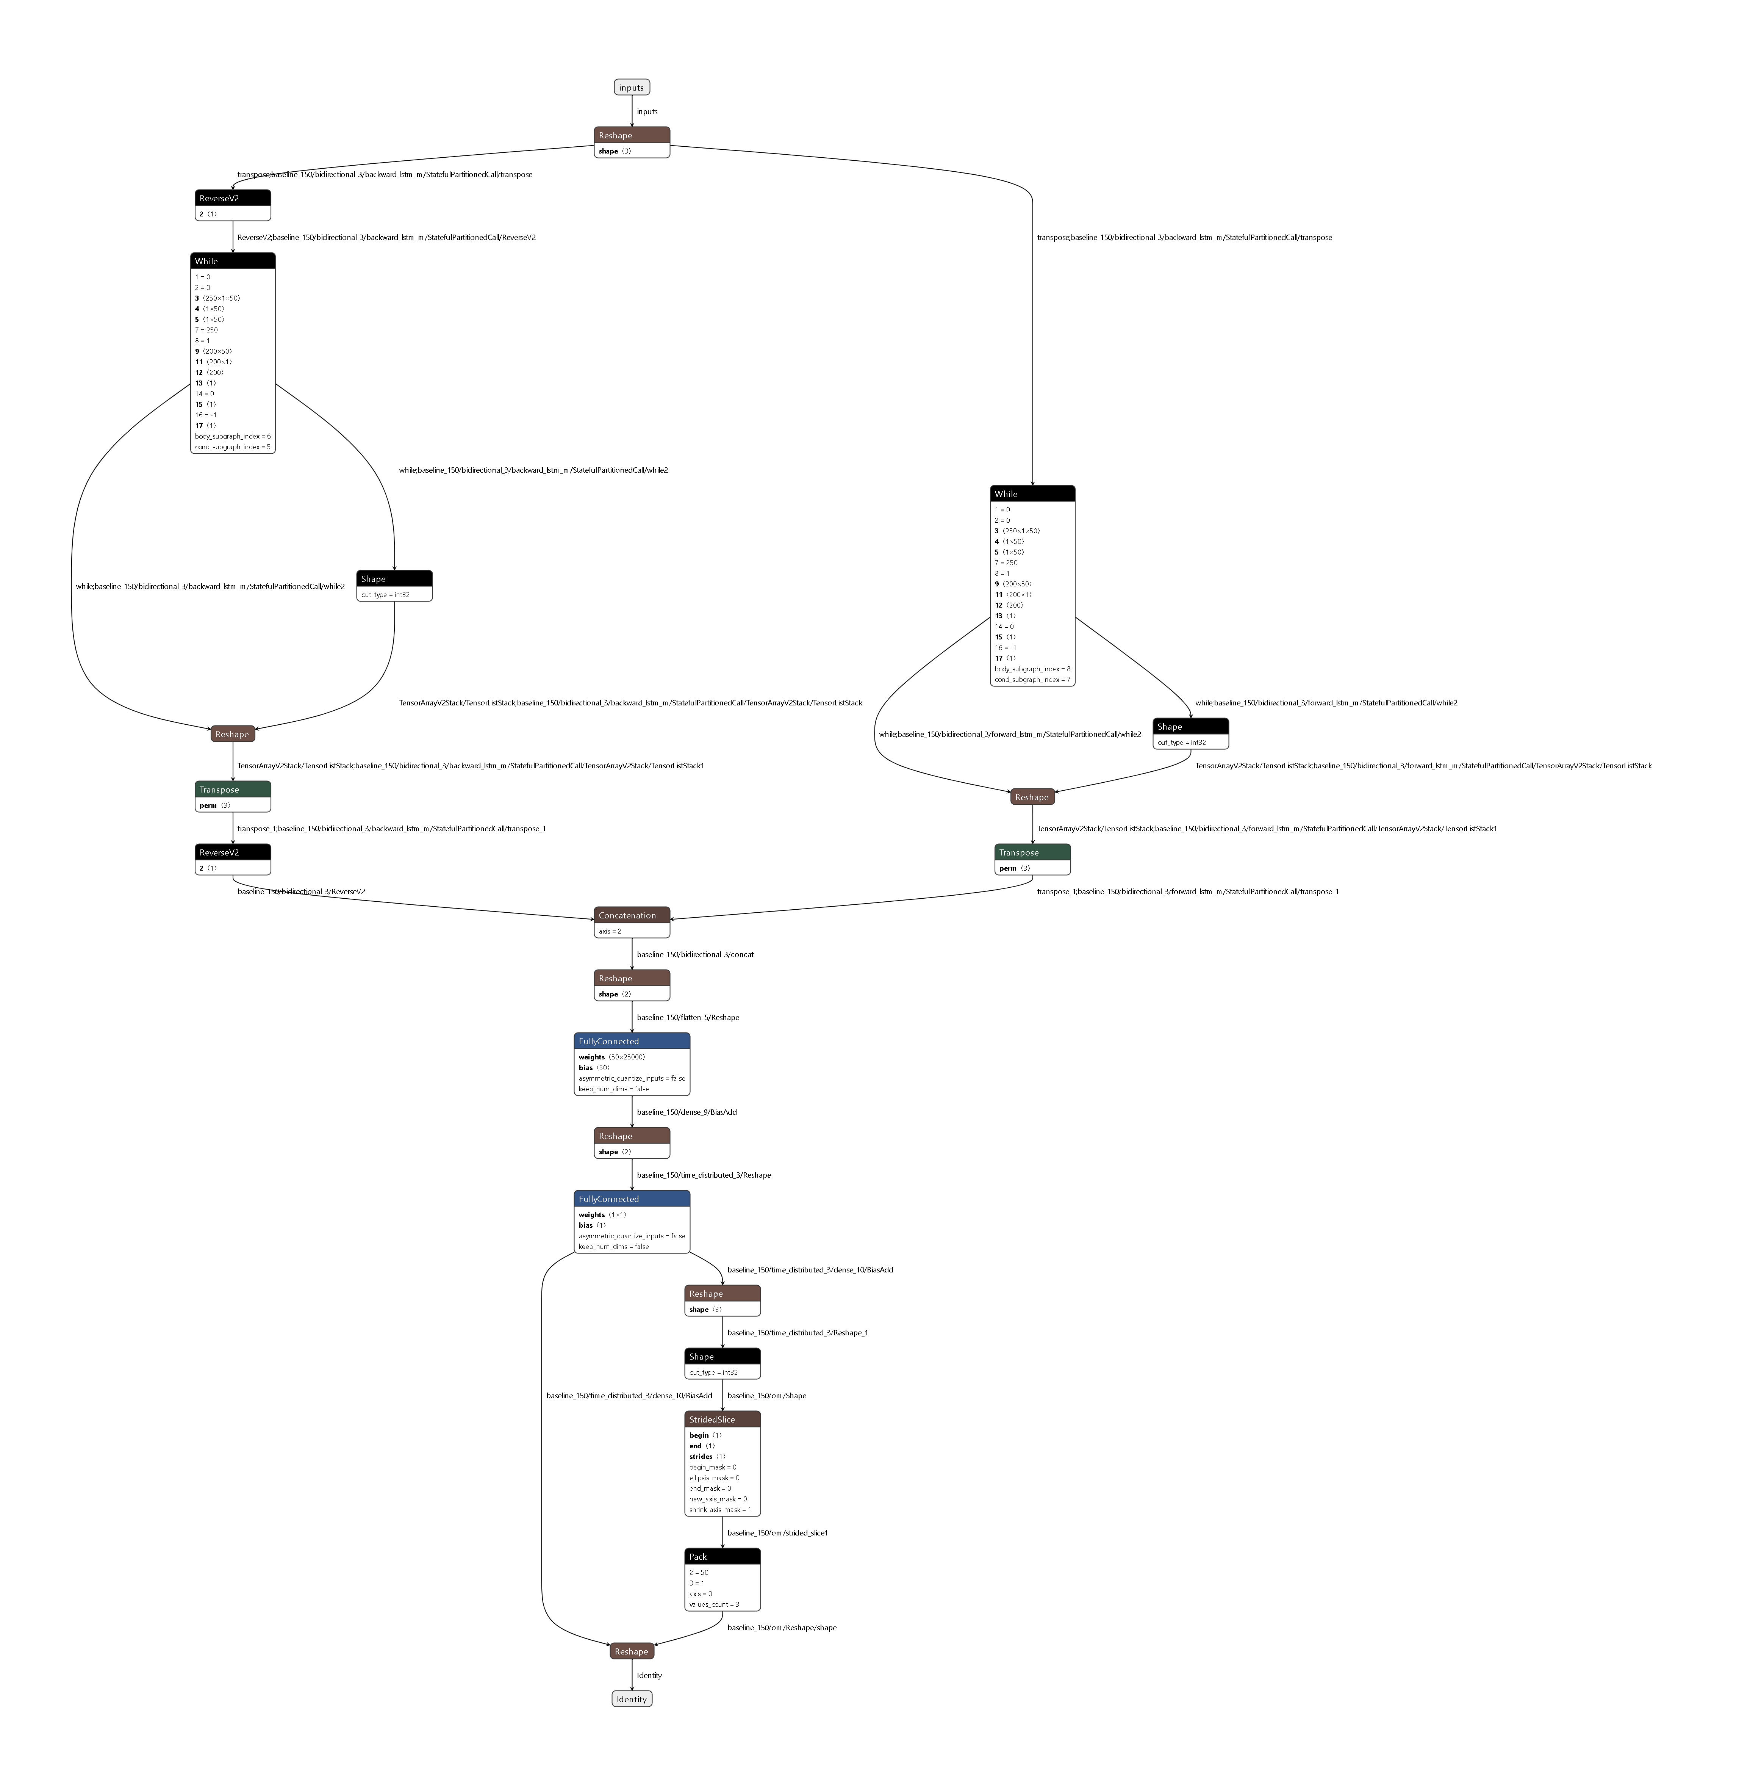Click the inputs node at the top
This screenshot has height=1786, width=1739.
(x=631, y=88)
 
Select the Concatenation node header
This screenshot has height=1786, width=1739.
(x=631, y=915)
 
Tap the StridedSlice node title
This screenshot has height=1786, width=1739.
(x=721, y=1419)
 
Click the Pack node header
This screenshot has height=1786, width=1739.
(x=721, y=1557)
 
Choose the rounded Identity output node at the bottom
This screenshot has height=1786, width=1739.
(x=631, y=1699)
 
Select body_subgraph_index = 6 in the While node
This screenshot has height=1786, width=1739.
(x=232, y=437)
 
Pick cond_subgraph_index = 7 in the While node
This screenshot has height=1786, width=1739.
(x=1032, y=680)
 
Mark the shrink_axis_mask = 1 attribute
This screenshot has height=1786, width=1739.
(x=720, y=1510)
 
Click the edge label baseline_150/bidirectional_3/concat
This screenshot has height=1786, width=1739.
(x=695, y=955)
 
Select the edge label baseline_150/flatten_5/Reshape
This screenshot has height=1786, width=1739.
(x=688, y=1018)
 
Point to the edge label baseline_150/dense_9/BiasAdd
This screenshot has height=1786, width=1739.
(x=687, y=1113)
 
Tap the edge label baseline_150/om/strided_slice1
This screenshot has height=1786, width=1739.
(x=777, y=1533)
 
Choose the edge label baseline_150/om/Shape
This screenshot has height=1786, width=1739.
(x=766, y=1396)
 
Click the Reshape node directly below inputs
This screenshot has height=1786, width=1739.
(x=631, y=135)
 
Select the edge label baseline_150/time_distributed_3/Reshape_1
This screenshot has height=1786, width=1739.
(x=798, y=1333)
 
